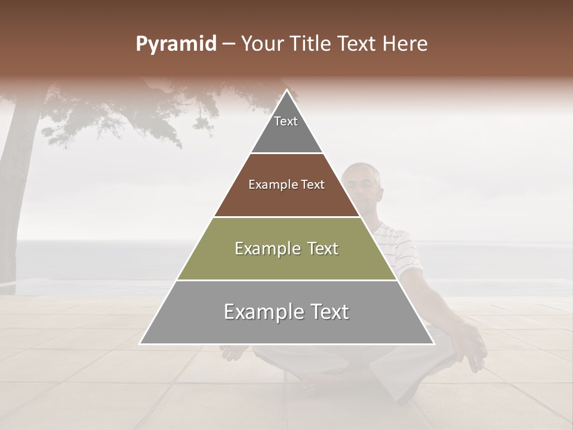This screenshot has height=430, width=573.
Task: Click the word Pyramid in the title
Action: pyautogui.click(x=176, y=44)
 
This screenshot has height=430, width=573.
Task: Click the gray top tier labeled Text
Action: pyautogui.click(x=286, y=128)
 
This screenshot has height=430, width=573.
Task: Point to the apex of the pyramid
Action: pyautogui.click(x=286, y=90)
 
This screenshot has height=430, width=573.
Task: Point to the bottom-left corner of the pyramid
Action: pyautogui.click(x=140, y=343)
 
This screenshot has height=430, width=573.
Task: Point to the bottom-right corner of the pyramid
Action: pyautogui.click(x=433, y=343)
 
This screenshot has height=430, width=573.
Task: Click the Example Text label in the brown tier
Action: pyautogui.click(x=286, y=185)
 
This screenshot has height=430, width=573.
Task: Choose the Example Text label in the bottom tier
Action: pyautogui.click(x=286, y=312)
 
